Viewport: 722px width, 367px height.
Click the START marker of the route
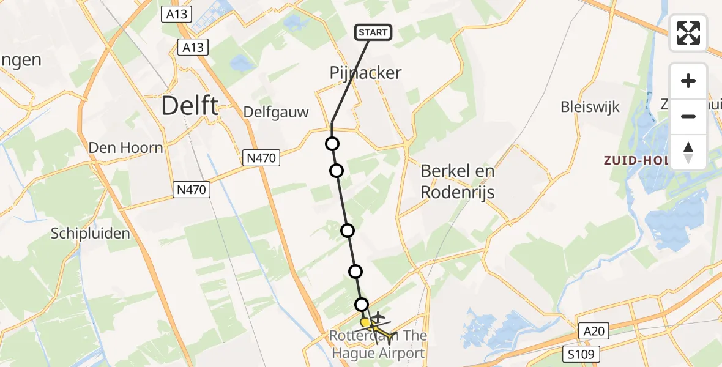click(373, 32)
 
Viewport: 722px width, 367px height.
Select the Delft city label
click(190, 106)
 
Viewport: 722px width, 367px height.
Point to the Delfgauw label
click(276, 112)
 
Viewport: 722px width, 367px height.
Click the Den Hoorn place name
click(126, 147)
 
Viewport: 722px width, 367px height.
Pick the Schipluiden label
click(91, 233)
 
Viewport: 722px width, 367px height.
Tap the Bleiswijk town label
click(590, 107)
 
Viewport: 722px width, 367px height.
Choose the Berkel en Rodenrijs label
click(458, 182)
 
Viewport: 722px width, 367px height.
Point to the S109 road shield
click(582, 354)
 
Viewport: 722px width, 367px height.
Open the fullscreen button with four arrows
click(688, 33)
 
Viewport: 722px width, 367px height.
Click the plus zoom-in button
click(688, 81)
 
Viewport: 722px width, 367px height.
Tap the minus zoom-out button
click(688, 116)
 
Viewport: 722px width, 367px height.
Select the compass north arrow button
click(688, 152)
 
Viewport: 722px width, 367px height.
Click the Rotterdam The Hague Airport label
click(378, 344)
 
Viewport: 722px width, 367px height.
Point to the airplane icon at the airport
click(379, 317)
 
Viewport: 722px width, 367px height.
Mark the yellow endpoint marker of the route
click(365, 322)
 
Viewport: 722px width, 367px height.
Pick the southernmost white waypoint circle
click(362, 304)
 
